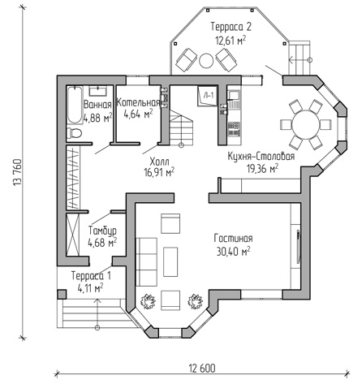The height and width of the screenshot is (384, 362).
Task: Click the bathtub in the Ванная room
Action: [x=75, y=105]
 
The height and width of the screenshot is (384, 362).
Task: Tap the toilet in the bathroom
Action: [x=75, y=133]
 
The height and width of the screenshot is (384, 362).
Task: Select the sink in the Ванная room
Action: [x=97, y=91]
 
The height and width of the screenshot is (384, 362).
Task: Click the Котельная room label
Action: [x=138, y=103]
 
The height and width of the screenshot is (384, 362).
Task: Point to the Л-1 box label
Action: [x=209, y=95]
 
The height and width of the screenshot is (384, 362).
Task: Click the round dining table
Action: [x=305, y=125]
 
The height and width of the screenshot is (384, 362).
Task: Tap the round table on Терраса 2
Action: [x=206, y=61]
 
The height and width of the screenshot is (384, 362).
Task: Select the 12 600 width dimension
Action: [x=202, y=369]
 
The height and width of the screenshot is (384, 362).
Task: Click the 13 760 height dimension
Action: [x=17, y=173]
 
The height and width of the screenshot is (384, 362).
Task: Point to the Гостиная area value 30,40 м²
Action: [x=233, y=252]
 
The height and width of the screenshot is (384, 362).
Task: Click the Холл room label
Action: [x=159, y=162]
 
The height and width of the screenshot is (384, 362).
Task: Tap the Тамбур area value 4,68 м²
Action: [x=102, y=243]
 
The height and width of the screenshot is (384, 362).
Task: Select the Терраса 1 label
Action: [x=91, y=276]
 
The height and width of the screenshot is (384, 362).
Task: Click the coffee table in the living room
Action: [x=170, y=261]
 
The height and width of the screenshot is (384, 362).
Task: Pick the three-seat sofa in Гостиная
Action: [x=146, y=262]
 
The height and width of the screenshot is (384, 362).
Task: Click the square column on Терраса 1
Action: [x=62, y=294]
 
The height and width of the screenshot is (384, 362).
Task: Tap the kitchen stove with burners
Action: [x=234, y=129]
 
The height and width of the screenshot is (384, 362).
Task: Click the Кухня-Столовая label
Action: [x=261, y=157]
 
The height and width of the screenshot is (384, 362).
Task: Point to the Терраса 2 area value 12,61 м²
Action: [x=231, y=41]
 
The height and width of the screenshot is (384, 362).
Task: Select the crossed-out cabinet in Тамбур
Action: [x=73, y=235]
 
